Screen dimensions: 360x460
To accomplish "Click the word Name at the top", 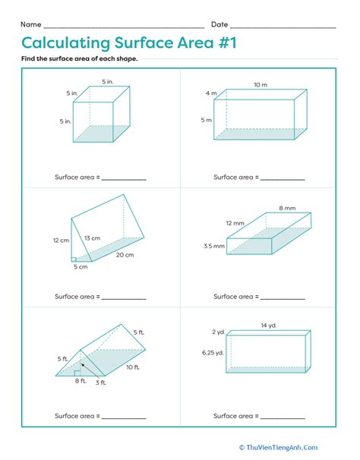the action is (x=31, y=24).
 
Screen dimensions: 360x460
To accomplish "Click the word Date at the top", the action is (x=219, y=24).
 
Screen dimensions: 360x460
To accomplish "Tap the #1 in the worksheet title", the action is (x=227, y=43).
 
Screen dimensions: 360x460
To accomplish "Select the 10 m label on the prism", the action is (x=261, y=85).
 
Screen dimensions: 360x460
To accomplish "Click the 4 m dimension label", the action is (x=211, y=93).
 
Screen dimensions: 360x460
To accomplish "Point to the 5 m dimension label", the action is (x=207, y=120).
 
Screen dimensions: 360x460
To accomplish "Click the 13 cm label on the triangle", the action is (x=92, y=238).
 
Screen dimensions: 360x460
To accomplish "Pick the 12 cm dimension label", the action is (x=61, y=241).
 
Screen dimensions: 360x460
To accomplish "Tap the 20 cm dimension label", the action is (x=125, y=255).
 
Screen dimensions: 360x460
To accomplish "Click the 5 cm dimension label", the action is (x=81, y=266).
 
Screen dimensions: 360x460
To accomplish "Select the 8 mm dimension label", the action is (x=287, y=208).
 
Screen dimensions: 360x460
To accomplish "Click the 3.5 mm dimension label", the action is (x=214, y=246).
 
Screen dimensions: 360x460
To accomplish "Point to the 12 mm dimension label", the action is (x=235, y=223).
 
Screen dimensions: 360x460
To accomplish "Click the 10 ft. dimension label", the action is (x=133, y=367).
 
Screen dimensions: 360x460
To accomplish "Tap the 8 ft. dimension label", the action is (x=81, y=381).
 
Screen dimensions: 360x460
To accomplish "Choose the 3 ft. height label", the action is (x=101, y=383).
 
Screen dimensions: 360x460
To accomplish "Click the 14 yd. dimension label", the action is (x=269, y=326).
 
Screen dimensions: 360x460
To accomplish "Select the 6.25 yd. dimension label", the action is (x=213, y=353).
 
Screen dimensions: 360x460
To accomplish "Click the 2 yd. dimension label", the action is (x=219, y=332).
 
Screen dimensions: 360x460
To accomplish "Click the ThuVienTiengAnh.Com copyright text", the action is (x=279, y=447).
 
